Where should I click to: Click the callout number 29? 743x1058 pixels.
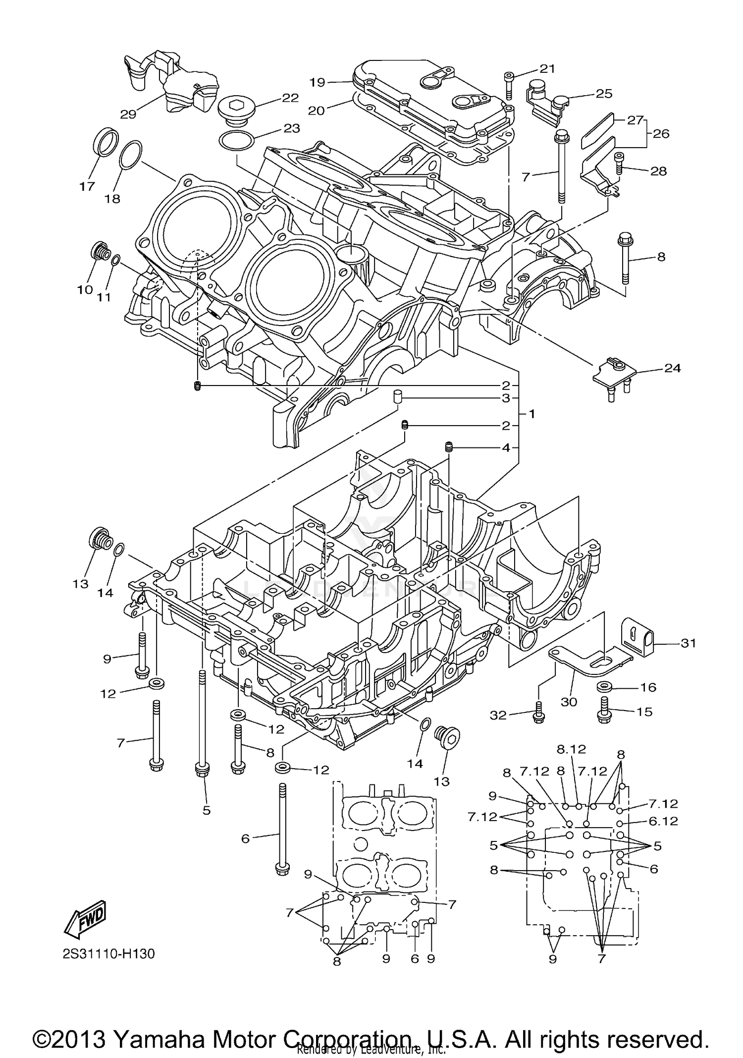pos(128,114)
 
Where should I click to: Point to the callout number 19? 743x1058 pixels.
pos(318,82)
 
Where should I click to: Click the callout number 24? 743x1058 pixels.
pos(672,368)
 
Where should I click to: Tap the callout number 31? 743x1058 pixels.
pos(688,643)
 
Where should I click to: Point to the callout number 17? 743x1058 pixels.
pos(87,186)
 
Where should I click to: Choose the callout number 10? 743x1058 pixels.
pos(85,289)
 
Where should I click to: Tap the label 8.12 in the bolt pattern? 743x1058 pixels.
pos(571,763)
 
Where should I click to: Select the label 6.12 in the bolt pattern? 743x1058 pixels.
pos(663,821)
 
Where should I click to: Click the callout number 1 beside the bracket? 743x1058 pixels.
pos(531,413)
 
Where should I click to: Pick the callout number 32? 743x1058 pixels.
pos(498,715)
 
